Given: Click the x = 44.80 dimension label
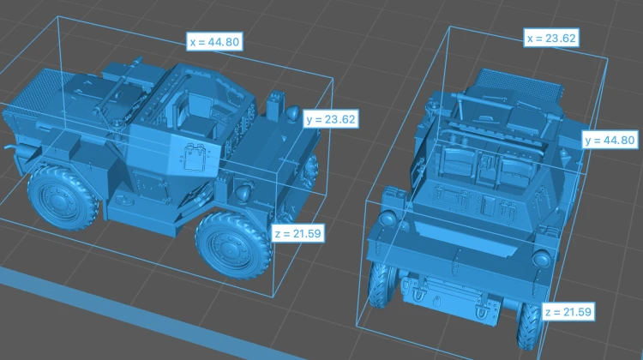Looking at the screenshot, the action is (x=214, y=42).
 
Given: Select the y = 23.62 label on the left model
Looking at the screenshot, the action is (x=331, y=119).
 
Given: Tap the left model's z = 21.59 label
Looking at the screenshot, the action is (x=298, y=234).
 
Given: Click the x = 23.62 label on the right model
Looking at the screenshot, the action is (x=551, y=38).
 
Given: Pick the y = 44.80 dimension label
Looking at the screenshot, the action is (x=610, y=141).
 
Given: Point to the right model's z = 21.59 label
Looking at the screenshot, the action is (x=568, y=312).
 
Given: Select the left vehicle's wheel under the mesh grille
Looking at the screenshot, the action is (x=63, y=197).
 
